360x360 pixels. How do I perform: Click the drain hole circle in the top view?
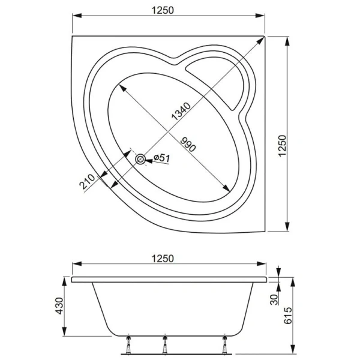(141, 159)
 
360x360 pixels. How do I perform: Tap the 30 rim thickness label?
(274, 300)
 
